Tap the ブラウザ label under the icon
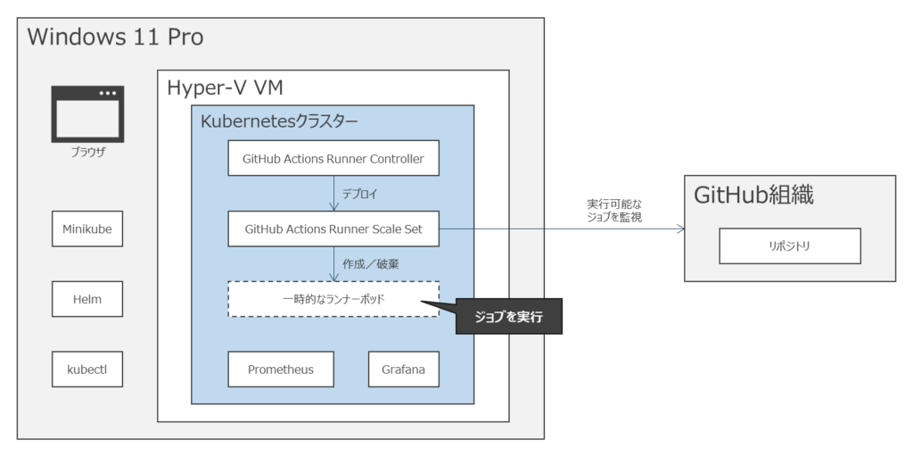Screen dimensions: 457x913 tap(87, 152)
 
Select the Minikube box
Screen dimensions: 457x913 tap(86, 229)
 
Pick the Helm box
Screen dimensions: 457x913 tap(86, 299)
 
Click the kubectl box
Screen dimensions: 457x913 tap(86, 369)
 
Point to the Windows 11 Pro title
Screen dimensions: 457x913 tap(116, 37)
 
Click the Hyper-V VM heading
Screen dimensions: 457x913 tap(226, 87)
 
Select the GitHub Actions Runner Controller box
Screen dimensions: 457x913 tap(333, 159)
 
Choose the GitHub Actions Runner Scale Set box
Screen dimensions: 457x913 tap(333, 229)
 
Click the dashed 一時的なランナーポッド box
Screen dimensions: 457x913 tap(333, 299)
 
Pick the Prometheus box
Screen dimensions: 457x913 tap(280, 369)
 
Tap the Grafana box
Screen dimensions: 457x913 tap(403, 369)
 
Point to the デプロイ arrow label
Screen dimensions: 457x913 tap(360, 194)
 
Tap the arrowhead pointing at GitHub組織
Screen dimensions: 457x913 tap(680, 229)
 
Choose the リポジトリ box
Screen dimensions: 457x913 tap(789, 245)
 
